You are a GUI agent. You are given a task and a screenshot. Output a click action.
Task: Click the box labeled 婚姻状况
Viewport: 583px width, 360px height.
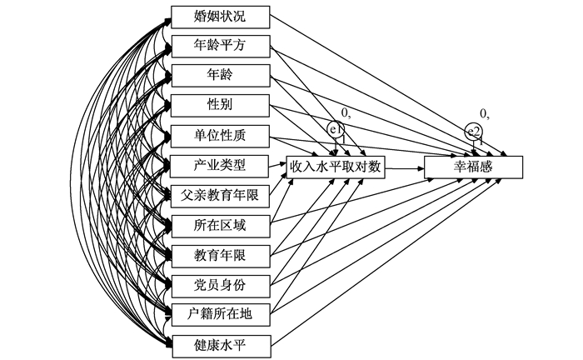[220, 16]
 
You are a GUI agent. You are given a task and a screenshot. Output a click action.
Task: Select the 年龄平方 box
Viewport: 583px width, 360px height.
[220, 46]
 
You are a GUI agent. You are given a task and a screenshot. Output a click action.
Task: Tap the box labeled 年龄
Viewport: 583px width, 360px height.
[220, 76]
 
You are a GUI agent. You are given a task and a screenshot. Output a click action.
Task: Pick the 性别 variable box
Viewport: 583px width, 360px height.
[220, 106]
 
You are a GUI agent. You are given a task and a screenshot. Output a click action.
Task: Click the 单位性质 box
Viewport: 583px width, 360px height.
[220, 135]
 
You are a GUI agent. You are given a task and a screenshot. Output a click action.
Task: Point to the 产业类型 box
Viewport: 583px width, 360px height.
[220, 165]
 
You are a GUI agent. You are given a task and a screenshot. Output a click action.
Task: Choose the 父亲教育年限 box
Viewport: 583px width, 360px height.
[220, 195]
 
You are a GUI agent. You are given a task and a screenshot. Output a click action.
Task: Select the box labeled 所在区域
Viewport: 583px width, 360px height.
[220, 225]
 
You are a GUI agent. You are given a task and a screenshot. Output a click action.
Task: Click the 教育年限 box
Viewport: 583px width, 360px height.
[220, 255]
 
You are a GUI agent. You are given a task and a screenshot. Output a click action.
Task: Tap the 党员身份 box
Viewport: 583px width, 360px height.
[220, 285]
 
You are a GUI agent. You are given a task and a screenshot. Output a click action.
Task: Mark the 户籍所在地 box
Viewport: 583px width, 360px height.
[220, 314]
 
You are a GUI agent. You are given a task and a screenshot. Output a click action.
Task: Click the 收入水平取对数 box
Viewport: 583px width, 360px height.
[336, 167]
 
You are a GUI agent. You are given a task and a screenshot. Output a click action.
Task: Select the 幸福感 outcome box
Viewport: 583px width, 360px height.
[473, 167]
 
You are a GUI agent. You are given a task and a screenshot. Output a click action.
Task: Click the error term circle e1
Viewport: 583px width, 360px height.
[336, 130]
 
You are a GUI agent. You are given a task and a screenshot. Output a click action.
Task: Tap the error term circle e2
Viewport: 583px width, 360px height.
[473, 131]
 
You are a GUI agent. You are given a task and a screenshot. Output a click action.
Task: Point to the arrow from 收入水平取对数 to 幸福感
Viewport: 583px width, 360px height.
[405, 167]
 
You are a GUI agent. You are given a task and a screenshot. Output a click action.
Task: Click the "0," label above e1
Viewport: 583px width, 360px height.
[345, 112]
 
